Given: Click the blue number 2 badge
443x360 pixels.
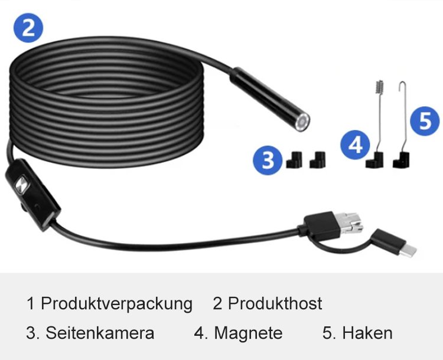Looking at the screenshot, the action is pyautogui.click(x=28, y=28).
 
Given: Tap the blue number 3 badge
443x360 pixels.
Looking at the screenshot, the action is pyautogui.click(x=267, y=160).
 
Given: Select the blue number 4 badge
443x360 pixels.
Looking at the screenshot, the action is pyautogui.click(x=355, y=145).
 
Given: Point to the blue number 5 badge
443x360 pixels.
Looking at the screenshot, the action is pyautogui.click(x=425, y=121).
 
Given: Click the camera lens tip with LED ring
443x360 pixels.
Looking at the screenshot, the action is pyautogui.click(x=302, y=122).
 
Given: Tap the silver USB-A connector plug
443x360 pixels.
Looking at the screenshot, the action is pyautogui.click(x=351, y=223).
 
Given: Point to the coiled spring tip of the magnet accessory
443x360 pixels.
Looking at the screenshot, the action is pyautogui.click(x=379, y=87).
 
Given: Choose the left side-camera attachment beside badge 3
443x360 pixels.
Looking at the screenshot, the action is pyautogui.click(x=294, y=160).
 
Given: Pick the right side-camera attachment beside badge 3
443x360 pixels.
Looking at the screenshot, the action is pyautogui.click(x=318, y=160).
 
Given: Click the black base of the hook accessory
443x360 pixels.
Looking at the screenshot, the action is pyautogui.click(x=401, y=160).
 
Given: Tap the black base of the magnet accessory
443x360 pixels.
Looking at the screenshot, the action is pyautogui.click(x=374, y=160).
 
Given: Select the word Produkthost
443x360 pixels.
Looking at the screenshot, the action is pyautogui.click(x=275, y=303).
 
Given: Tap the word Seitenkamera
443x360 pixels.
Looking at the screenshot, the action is pyautogui.click(x=100, y=333).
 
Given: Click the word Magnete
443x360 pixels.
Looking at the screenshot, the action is pyautogui.click(x=248, y=333).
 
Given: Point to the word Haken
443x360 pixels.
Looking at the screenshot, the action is pyautogui.click(x=367, y=333).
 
